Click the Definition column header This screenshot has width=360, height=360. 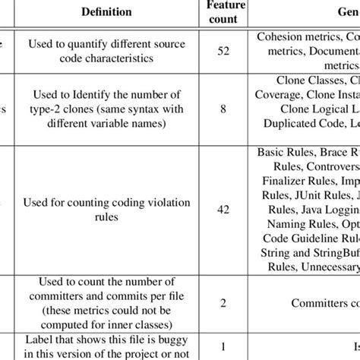106,12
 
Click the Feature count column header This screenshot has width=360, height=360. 224,12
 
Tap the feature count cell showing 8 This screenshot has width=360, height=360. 224,108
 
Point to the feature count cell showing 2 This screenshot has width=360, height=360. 224,302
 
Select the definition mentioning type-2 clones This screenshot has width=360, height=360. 106,108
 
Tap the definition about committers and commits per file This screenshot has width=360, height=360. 106,302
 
